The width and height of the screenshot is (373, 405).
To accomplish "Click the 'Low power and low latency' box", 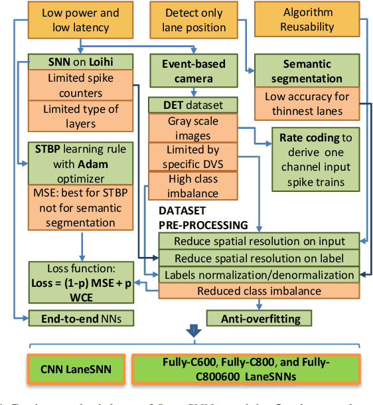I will coord(81,21).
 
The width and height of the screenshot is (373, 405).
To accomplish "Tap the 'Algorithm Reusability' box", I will coord(307,21).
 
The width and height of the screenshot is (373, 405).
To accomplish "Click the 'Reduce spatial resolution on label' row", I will coord(259,258).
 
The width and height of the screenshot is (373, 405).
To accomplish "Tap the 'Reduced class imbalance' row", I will coord(259,291).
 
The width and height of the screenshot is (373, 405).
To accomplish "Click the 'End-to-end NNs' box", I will coord(81,319).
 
